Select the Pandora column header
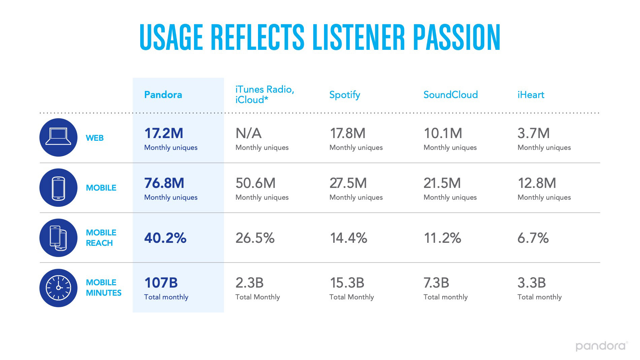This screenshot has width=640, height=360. [163, 95]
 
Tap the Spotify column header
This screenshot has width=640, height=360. [345, 95]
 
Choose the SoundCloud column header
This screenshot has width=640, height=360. [450, 95]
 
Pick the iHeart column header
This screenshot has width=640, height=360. [531, 95]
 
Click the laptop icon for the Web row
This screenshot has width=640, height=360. [59, 137]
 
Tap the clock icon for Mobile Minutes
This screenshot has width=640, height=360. [59, 288]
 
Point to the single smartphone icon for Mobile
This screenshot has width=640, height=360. [59, 188]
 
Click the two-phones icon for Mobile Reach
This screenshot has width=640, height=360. [59, 238]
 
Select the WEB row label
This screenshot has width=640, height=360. [95, 138]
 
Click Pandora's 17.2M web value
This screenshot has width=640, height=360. [164, 133]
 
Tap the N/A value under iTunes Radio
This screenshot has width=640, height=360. [249, 133]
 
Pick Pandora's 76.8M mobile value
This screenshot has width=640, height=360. [164, 183]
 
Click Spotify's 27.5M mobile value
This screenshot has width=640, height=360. [348, 183]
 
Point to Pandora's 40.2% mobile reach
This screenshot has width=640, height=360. [165, 238]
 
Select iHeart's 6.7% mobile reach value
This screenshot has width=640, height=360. [533, 238]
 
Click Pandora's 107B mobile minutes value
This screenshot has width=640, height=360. [161, 283]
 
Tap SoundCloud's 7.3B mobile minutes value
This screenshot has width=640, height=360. [436, 283]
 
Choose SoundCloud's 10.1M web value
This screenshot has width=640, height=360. [443, 133]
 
